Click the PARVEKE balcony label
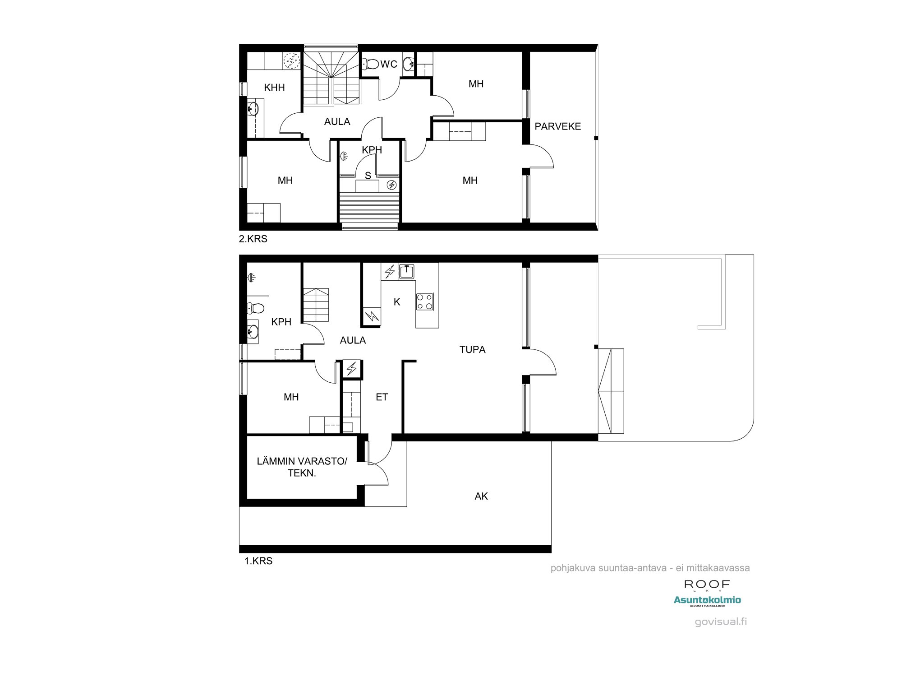[557, 126]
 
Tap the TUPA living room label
[472, 349]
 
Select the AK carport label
[481, 496]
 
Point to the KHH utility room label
[274, 88]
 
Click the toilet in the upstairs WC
[371, 65]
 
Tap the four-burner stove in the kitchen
[425, 301]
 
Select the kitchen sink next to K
[406, 271]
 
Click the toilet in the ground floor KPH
[256, 308]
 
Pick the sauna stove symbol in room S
[391, 185]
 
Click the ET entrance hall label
[382, 397]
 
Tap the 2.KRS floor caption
[253, 239]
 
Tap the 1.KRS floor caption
[258, 561]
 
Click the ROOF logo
[707, 584]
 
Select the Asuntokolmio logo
[707, 600]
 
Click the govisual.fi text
[721, 621]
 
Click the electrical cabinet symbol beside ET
[352, 369]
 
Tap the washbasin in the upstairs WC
[409, 64]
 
